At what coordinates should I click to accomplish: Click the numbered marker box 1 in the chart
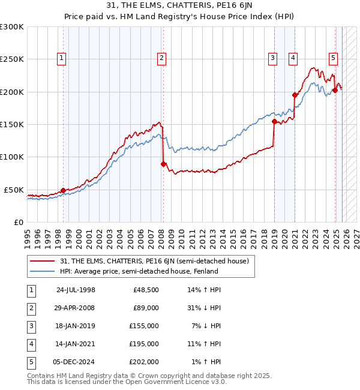[62, 58]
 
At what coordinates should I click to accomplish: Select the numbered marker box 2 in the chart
[162, 58]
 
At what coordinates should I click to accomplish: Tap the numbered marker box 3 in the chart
[272, 58]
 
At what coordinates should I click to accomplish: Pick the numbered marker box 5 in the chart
[333, 58]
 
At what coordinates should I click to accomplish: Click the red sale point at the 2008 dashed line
[163, 164]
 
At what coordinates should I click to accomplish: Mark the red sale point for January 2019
[274, 121]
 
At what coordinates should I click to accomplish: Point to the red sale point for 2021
[295, 95]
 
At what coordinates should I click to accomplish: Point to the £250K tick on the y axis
[12, 59]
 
